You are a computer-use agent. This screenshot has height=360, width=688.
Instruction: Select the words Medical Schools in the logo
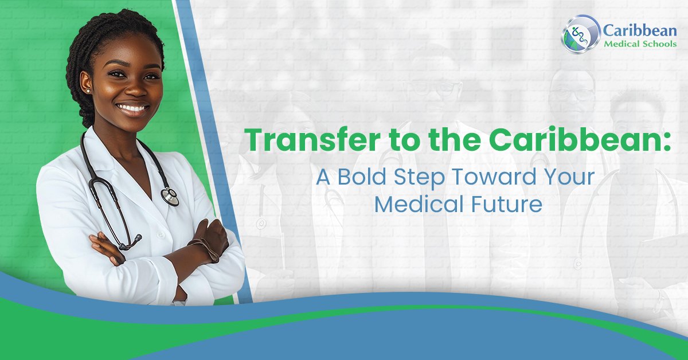tap(639, 44)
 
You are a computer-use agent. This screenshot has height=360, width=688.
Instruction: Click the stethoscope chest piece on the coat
tap(170, 197)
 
